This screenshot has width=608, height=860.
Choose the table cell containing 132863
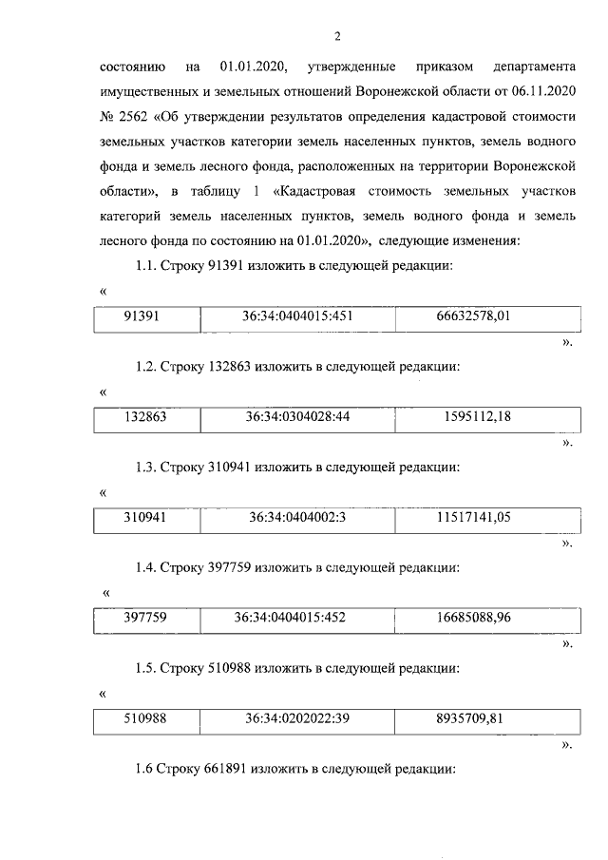145,417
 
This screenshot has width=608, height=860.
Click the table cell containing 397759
145,618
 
